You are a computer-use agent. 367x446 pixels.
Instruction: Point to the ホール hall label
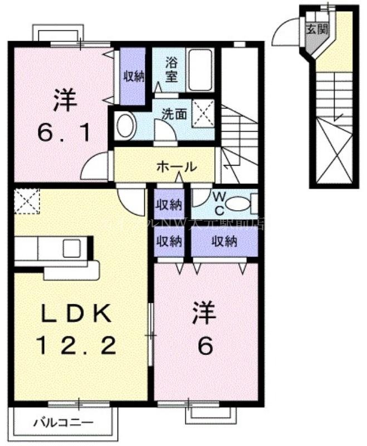176,166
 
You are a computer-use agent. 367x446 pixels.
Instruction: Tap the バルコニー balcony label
66,422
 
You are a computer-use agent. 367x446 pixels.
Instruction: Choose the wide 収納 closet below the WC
224,241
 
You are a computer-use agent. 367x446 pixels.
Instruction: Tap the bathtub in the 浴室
200,70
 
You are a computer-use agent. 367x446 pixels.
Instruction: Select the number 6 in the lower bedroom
204,347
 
